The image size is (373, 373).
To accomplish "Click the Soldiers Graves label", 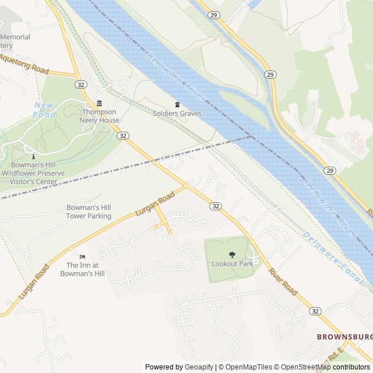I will [x=178, y=113].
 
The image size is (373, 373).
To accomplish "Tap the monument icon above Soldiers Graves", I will [x=178, y=104].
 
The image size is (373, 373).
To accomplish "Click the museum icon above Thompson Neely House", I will [x=99, y=103].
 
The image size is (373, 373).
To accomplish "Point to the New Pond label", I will [x=44, y=110].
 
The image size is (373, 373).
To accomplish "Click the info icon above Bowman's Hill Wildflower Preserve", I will [x=33, y=156].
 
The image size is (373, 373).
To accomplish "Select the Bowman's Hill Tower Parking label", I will [x=89, y=212].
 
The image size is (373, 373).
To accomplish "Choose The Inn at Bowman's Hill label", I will [x=82, y=269].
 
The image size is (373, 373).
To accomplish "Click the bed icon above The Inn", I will [x=82, y=256].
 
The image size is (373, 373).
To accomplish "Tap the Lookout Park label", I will [x=232, y=263].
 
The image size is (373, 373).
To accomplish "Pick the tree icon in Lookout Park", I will [x=232, y=254].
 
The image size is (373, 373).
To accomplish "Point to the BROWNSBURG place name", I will [x=344, y=337].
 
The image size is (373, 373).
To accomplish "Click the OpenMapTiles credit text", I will [x=245, y=367].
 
